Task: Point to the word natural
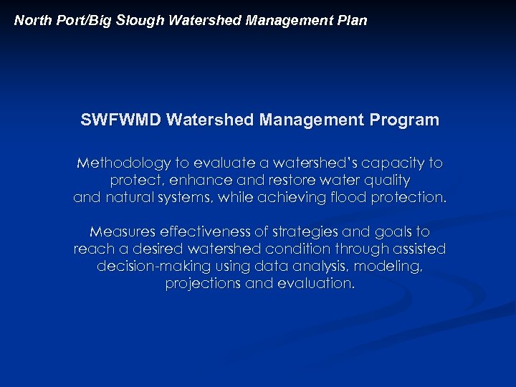[126, 198]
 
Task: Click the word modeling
[393, 267]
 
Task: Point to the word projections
[201, 284]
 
